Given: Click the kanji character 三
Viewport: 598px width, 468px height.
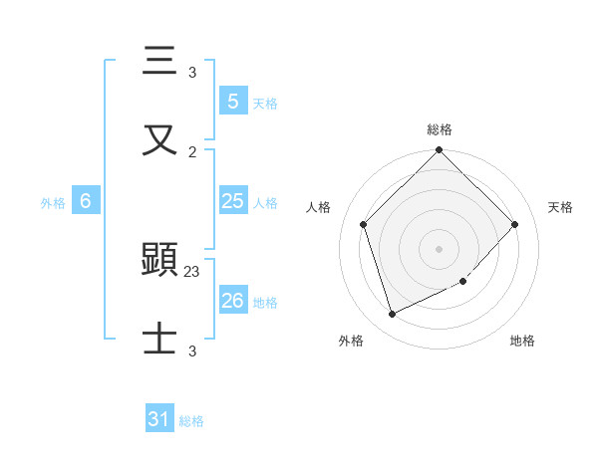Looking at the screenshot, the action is (x=160, y=62).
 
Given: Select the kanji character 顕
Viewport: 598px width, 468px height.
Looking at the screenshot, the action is (x=160, y=261).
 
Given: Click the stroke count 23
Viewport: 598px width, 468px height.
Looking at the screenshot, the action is (x=192, y=272).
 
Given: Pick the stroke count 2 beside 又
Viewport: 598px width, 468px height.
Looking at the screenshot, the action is (x=192, y=151).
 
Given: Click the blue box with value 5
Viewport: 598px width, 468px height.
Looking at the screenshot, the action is (x=232, y=101).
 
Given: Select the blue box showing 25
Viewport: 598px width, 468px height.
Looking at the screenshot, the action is (x=232, y=201).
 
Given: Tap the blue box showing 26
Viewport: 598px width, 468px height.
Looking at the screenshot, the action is (x=232, y=300).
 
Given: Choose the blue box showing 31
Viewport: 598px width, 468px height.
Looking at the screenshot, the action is (x=159, y=420).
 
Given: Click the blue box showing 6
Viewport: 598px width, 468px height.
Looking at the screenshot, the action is (x=86, y=201).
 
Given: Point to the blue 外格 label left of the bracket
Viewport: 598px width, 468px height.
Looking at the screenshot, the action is (x=53, y=203).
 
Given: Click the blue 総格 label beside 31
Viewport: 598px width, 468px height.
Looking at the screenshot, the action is (x=191, y=422).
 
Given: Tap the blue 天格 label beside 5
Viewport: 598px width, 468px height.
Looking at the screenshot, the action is (x=265, y=104).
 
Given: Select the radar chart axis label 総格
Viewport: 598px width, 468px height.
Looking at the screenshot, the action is (x=440, y=129).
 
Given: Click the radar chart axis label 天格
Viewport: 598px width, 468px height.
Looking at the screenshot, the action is (x=561, y=207).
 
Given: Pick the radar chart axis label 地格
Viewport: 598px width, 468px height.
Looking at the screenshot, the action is (x=522, y=341).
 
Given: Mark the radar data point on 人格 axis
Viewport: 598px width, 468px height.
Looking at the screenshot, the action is (x=364, y=224).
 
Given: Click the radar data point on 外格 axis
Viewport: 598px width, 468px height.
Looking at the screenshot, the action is (x=393, y=315).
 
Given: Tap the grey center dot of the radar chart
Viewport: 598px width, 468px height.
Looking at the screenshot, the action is (x=440, y=249).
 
